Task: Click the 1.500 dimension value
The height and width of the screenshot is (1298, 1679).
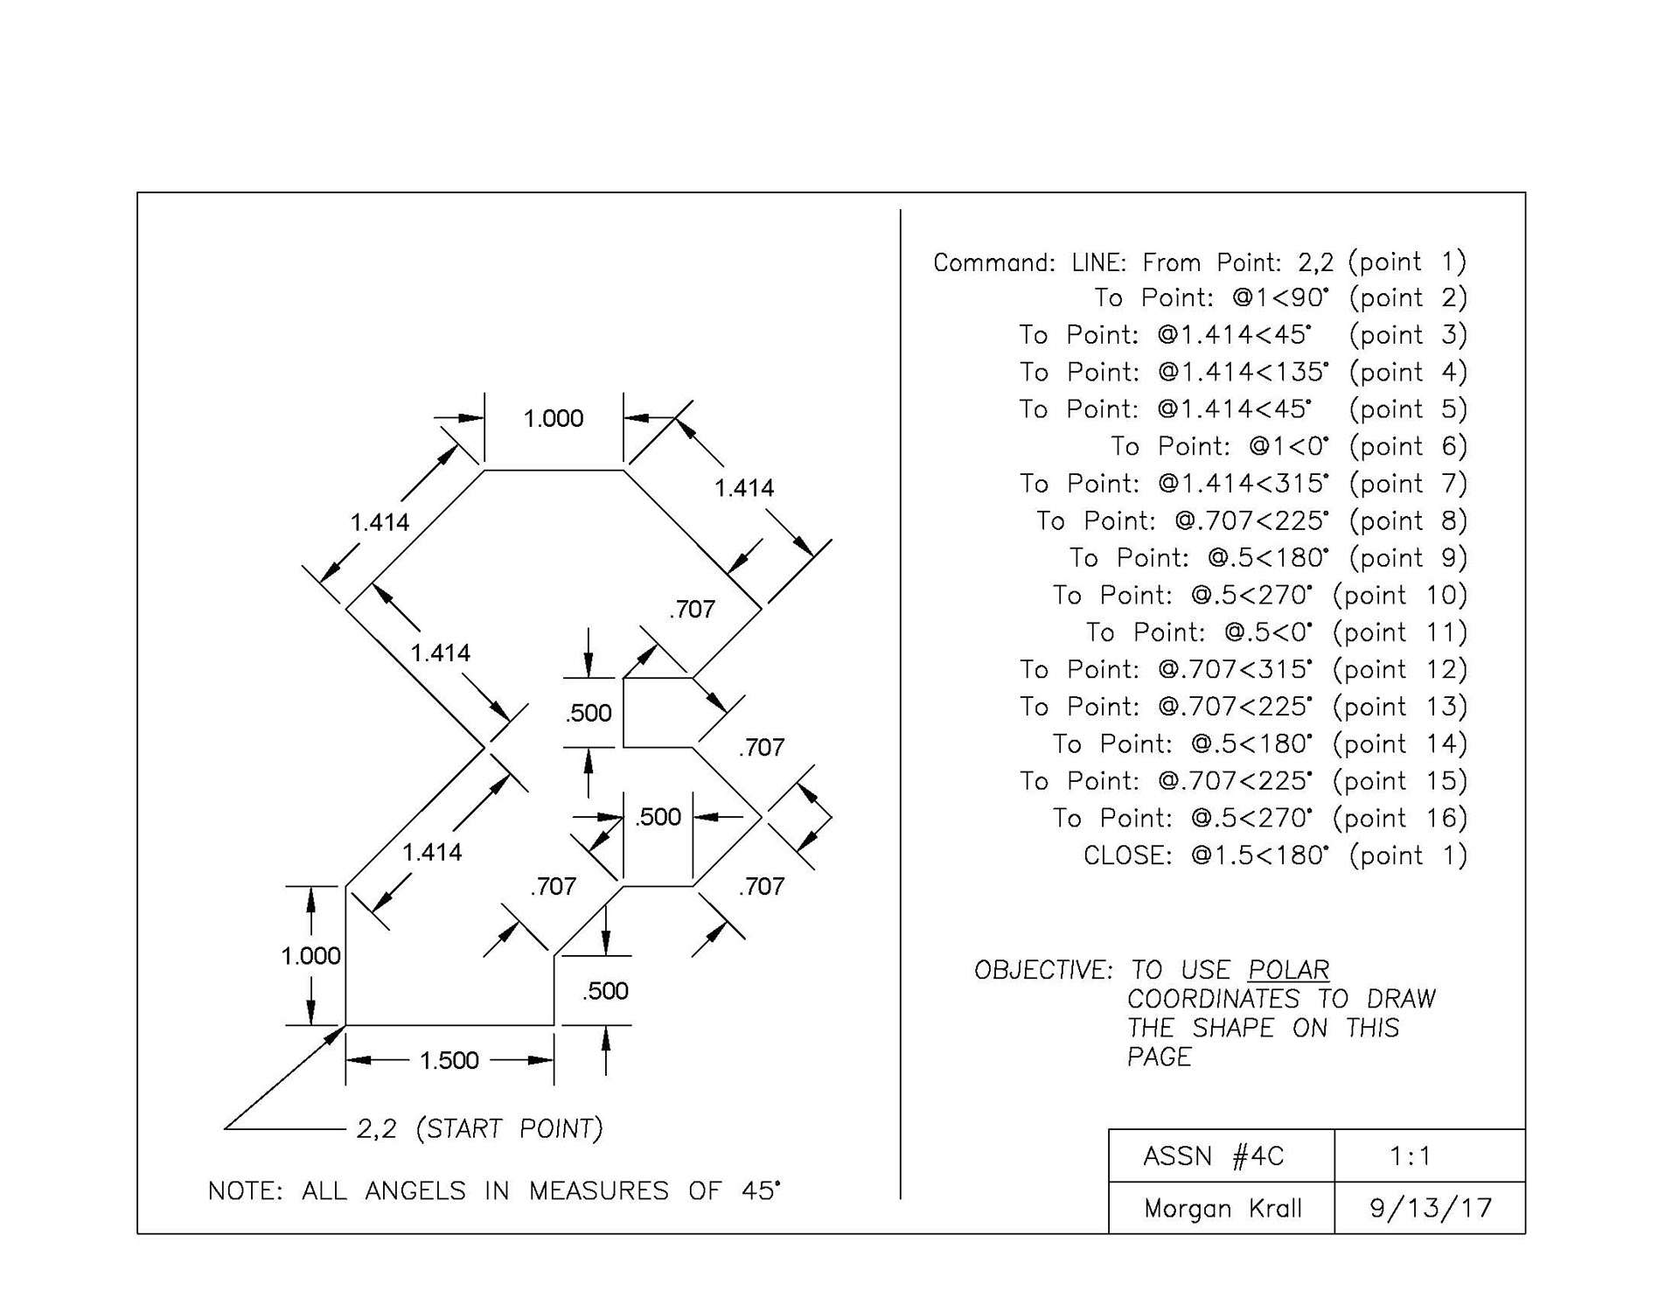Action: coord(449,1060)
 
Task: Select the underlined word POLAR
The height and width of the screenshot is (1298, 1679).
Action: coord(1288,970)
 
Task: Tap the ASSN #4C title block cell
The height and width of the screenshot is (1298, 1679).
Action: coord(1213,1156)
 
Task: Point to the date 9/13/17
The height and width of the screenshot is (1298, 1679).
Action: coord(1430,1208)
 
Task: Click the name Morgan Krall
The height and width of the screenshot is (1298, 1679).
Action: coord(1223,1209)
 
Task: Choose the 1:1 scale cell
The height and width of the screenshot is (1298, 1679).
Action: coord(1410,1156)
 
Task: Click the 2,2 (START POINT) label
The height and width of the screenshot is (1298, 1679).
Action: coord(479,1129)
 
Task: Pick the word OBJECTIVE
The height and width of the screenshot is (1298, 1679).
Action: coord(1042,970)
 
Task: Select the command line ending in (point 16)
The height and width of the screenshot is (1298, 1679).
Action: coord(1259,818)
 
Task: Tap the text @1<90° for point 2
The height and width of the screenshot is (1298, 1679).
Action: coord(1280,298)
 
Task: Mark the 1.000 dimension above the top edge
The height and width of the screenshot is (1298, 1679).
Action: coord(554,418)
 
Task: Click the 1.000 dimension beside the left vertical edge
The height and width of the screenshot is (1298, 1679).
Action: coord(310,956)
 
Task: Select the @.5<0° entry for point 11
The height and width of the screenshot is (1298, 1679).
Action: coord(1268,632)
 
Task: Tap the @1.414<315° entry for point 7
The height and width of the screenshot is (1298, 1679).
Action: coord(1243,484)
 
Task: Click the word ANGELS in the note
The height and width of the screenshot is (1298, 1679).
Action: coord(415,1191)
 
